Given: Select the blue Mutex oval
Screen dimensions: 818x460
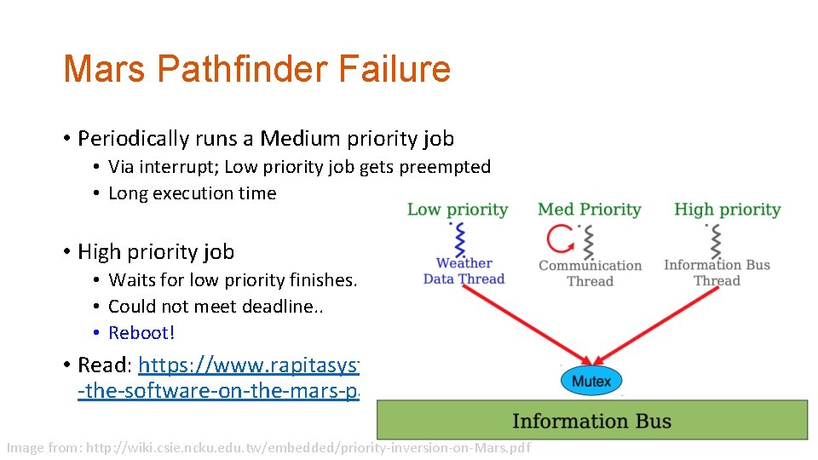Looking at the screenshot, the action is tap(591, 381).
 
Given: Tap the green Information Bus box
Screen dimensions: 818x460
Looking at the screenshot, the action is tap(591, 421).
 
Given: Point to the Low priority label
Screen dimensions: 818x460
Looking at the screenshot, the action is tap(457, 210).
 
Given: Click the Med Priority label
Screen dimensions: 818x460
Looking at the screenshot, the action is tap(589, 210).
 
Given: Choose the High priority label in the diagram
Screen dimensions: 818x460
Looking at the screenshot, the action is tap(727, 210).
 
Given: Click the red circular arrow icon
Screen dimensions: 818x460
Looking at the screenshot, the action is tap(561, 239).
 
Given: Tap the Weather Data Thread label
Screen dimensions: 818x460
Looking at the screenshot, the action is tap(464, 271).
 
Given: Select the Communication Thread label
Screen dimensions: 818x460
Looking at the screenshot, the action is tap(590, 273).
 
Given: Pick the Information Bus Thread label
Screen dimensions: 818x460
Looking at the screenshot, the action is tap(717, 273).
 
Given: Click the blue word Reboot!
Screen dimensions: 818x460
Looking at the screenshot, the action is tap(141, 333).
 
